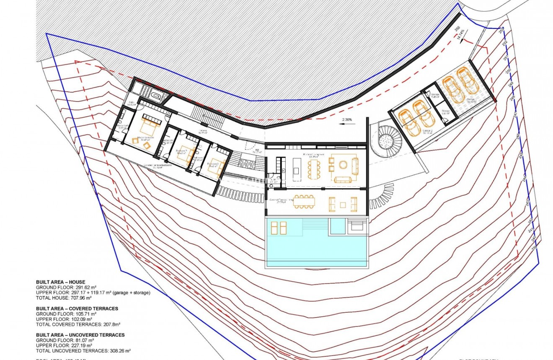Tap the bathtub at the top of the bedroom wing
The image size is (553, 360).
155,96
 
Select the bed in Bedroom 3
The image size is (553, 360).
214,164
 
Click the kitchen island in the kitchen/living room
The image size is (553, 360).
297,165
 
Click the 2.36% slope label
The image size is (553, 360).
347,120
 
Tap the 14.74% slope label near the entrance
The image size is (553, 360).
460,34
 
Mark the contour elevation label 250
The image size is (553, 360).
508,70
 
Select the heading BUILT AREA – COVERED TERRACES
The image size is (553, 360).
77,308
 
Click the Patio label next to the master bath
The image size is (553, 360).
131,103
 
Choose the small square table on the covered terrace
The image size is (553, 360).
343,205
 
